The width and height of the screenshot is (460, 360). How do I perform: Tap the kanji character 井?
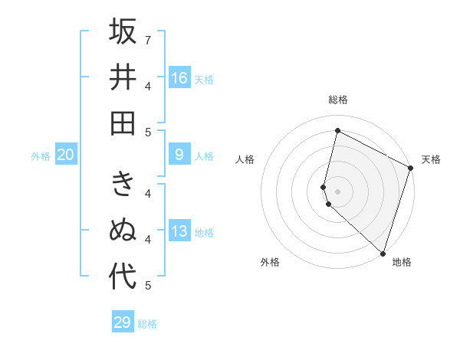point(123,77)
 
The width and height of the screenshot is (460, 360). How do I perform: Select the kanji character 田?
point(123,123)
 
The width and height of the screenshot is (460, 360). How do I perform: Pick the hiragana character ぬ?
point(123,231)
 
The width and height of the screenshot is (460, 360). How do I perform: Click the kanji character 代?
point(123,277)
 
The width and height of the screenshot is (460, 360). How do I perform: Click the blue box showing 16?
point(179,78)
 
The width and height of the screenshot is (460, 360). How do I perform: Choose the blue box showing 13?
point(179,232)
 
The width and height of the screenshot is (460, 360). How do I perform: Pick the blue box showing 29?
point(123,322)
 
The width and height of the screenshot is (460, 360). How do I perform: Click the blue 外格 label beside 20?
point(41,156)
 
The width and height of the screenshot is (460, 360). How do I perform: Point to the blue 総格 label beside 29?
point(147,324)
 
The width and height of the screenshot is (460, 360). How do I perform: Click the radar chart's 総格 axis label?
point(338,100)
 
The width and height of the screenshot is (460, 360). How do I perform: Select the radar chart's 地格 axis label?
point(402,262)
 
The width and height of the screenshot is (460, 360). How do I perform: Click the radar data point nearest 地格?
point(383,253)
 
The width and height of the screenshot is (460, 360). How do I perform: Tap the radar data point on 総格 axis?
point(338,131)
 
